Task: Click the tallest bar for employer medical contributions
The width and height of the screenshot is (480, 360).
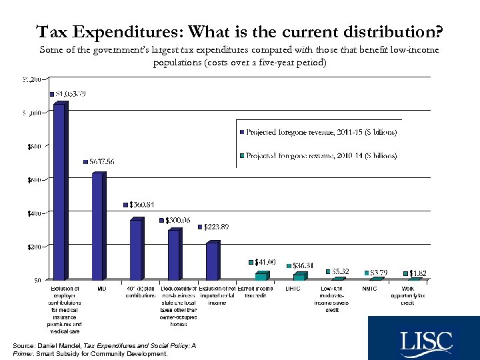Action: click(59, 192)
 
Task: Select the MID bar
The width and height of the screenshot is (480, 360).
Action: click(97, 227)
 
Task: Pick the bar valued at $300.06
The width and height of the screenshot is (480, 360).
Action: click(174, 255)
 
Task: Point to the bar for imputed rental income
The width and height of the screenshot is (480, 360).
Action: click(212, 261)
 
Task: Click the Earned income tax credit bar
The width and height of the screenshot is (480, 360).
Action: click(261, 275)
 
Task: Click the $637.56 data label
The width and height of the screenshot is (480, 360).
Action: click(100, 162)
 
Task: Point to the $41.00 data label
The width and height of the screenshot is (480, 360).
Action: click(264, 262)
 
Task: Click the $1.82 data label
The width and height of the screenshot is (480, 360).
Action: click(418, 273)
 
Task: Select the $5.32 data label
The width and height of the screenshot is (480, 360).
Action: click(339, 271)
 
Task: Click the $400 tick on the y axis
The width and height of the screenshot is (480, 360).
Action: click(33, 213)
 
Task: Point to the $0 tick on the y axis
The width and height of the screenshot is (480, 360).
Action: click(39, 280)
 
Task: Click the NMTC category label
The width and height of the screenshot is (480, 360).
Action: click(369, 289)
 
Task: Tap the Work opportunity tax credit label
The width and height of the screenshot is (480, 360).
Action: click(407, 295)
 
